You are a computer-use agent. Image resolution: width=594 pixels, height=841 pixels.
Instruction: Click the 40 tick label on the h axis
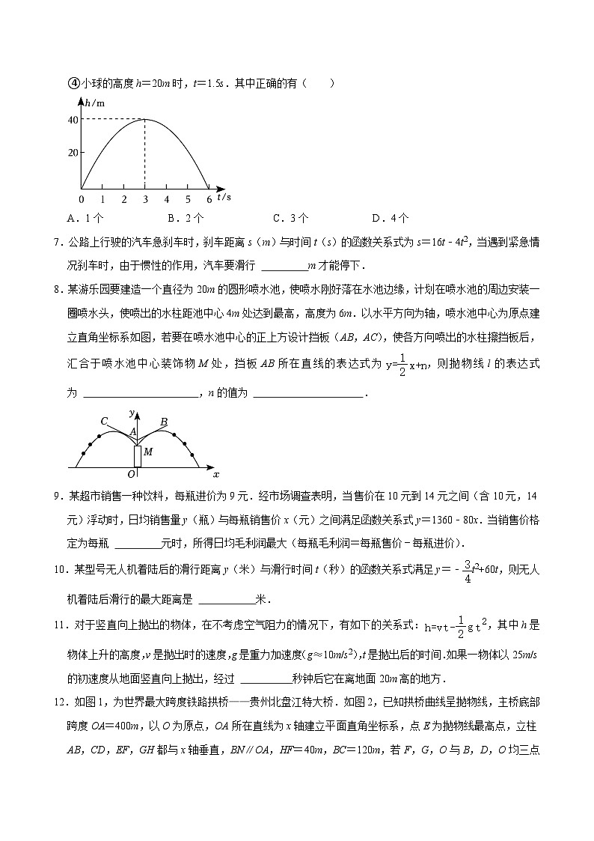pos(73,120)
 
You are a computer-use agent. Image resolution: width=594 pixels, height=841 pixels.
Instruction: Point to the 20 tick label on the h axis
pos(73,153)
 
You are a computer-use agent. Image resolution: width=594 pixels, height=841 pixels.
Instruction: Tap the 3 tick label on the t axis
pos(145,199)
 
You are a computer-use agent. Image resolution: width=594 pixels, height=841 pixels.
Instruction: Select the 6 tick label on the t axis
pos(209,199)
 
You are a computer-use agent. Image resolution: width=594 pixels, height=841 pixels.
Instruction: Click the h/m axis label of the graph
pos(94,103)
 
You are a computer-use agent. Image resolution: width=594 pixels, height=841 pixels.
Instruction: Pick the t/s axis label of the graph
pos(224,197)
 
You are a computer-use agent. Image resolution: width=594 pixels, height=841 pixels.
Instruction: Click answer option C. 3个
pos(290,219)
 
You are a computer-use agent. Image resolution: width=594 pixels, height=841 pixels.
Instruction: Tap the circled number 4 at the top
pos(73,83)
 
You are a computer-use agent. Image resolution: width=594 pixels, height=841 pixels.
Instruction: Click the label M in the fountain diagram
pos(148,452)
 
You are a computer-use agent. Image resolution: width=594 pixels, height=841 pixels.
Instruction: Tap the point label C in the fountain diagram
pos(105,421)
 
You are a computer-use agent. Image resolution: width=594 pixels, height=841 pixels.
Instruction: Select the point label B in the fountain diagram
pos(163,422)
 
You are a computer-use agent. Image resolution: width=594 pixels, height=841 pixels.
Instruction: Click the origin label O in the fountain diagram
pos(131,474)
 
